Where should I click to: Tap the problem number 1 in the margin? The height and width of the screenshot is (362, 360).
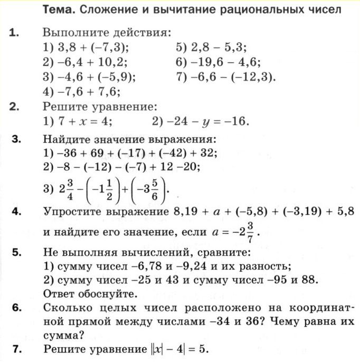(x=14, y=33)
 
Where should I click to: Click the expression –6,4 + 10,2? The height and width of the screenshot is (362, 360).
(x=89, y=61)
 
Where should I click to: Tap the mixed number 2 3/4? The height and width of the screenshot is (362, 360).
(x=67, y=188)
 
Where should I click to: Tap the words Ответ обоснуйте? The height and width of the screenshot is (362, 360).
(x=89, y=293)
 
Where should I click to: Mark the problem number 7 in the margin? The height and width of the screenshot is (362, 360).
(x=16, y=349)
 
